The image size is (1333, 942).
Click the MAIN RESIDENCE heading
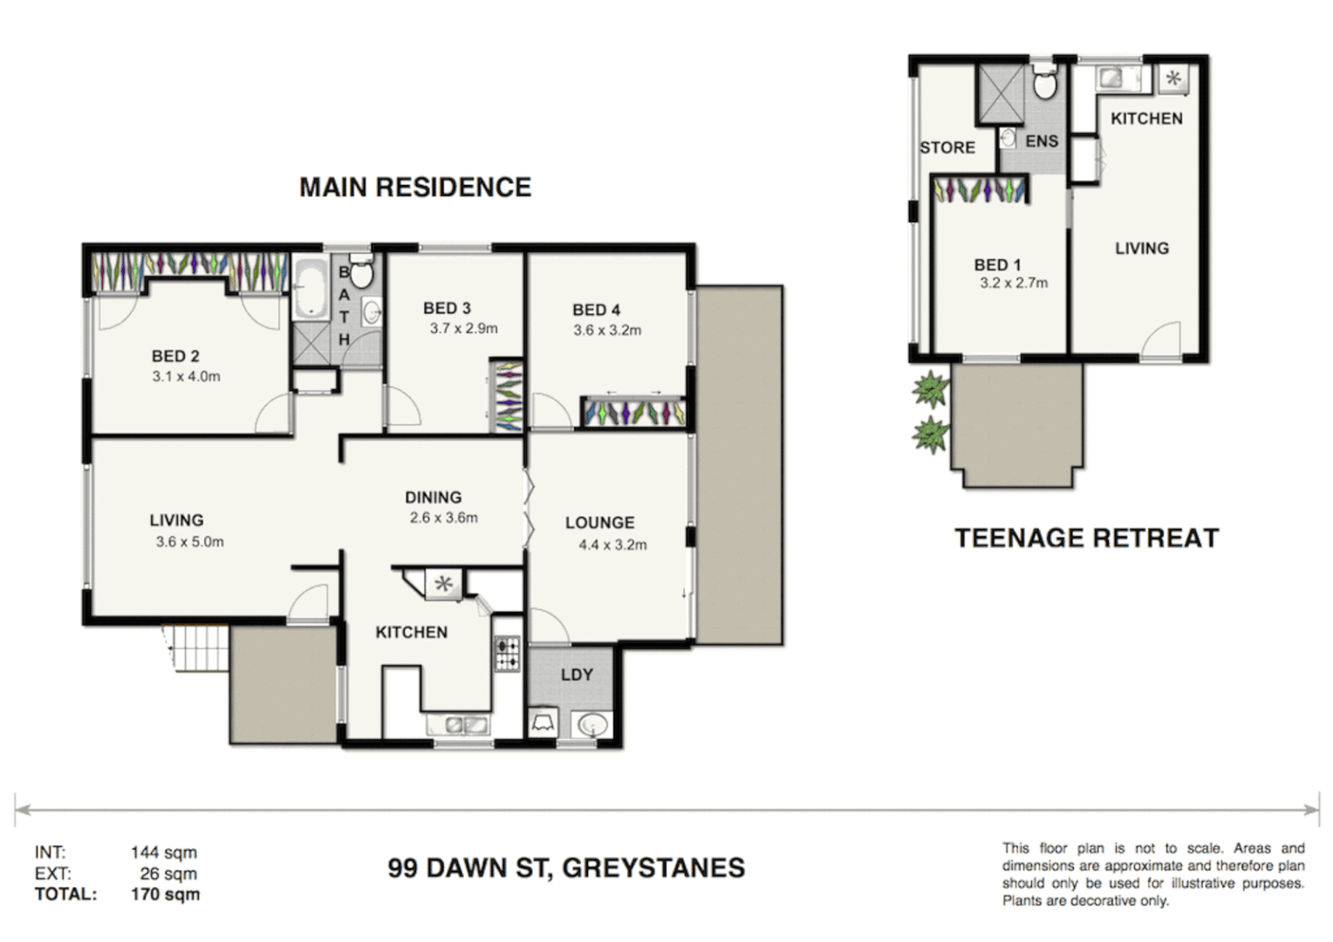tap(415, 188)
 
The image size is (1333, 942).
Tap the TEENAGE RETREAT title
tap(1086, 538)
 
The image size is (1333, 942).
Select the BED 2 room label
tap(175, 356)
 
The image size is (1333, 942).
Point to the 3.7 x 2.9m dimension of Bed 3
tap(463, 329)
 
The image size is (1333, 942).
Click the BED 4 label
tap(596, 310)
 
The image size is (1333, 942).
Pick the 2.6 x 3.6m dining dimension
tap(443, 518)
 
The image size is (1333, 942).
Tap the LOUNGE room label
tap(599, 522)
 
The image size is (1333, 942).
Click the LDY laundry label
tap(577, 674)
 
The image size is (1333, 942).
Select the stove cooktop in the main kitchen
tap(507, 654)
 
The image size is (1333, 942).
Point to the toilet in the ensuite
tap(1044, 85)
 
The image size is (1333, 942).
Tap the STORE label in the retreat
tap(947, 147)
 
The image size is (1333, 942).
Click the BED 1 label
tap(997, 264)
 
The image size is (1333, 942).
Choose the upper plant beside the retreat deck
tap(931, 389)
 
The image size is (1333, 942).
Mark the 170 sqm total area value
tap(165, 894)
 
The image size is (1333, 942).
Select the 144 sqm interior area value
tap(164, 852)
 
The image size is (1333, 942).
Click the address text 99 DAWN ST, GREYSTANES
tap(566, 868)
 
